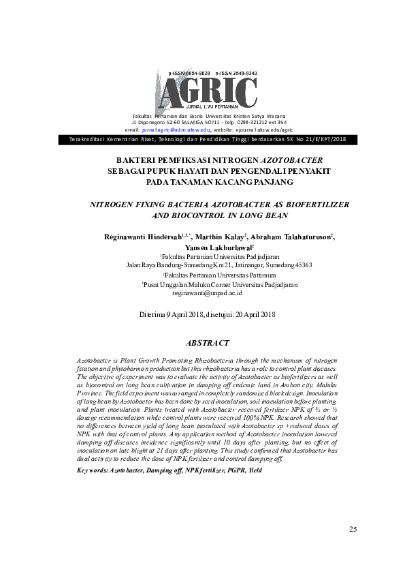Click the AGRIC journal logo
point(208,93)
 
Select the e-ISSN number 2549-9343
point(243,73)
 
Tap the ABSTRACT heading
point(207,343)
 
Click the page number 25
point(353,529)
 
